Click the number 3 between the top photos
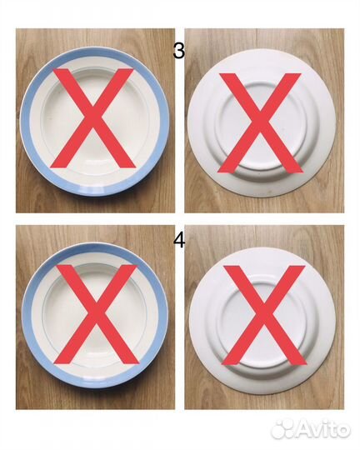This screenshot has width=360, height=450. pos(179,52)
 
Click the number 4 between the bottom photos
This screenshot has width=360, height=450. pos(179,241)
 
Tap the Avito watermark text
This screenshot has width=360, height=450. pos(324,429)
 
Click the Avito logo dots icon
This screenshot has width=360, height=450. pos(282,429)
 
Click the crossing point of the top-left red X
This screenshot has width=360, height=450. pos(92,118)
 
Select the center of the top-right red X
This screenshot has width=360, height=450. pos(260,122)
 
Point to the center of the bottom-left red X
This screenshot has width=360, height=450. pos(96,314)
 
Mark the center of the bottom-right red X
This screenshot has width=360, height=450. pos(264,315)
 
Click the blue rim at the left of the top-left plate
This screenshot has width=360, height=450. pos(25,122)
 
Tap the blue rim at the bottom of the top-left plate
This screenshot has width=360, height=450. pos(95,191)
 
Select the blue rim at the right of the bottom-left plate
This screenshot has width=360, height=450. pos(162,316)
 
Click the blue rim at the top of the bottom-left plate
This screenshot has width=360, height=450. pos(95,248)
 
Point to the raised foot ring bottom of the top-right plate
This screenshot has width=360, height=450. pos(261,172)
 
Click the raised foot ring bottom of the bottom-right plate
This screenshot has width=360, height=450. pos(263,365)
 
